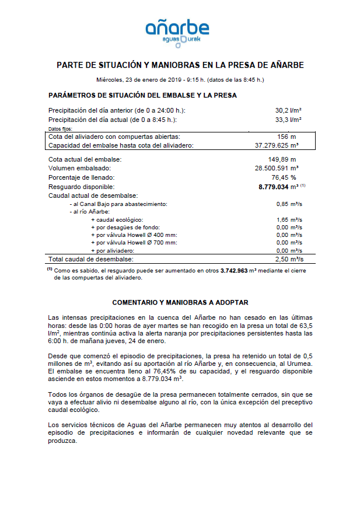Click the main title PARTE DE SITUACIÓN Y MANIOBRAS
[x=180, y=65]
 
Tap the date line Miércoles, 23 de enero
[x=180, y=79]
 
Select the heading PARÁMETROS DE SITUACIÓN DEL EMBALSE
[x=142, y=95]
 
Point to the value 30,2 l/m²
[x=288, y=110]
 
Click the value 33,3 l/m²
[x=288, y=120]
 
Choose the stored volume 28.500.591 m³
[x=277, y=168]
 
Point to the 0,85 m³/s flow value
[x=289, y=204]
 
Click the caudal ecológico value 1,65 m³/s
[x=289, y=219]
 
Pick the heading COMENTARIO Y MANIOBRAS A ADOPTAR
[x=180, y=302]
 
